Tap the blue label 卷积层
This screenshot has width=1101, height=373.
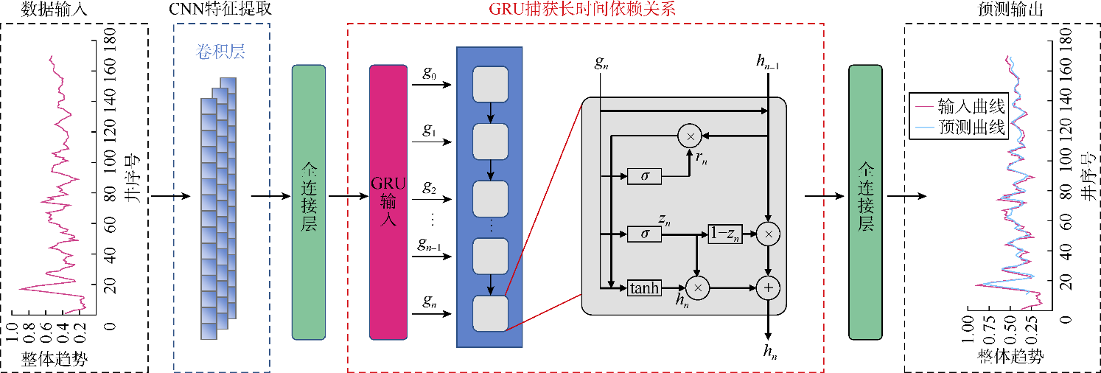point(220,52)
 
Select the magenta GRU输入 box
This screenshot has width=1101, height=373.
point(388,202)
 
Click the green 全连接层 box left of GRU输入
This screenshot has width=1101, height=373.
point(309,202)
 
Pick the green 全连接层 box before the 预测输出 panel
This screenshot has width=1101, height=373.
point(866,202)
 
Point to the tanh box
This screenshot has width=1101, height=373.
point(645,287)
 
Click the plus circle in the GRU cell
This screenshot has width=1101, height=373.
point(768,288)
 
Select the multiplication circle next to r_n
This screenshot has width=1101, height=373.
point(691,136)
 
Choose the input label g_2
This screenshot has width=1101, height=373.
point(429,188)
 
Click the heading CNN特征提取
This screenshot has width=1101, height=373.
point(220,10)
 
